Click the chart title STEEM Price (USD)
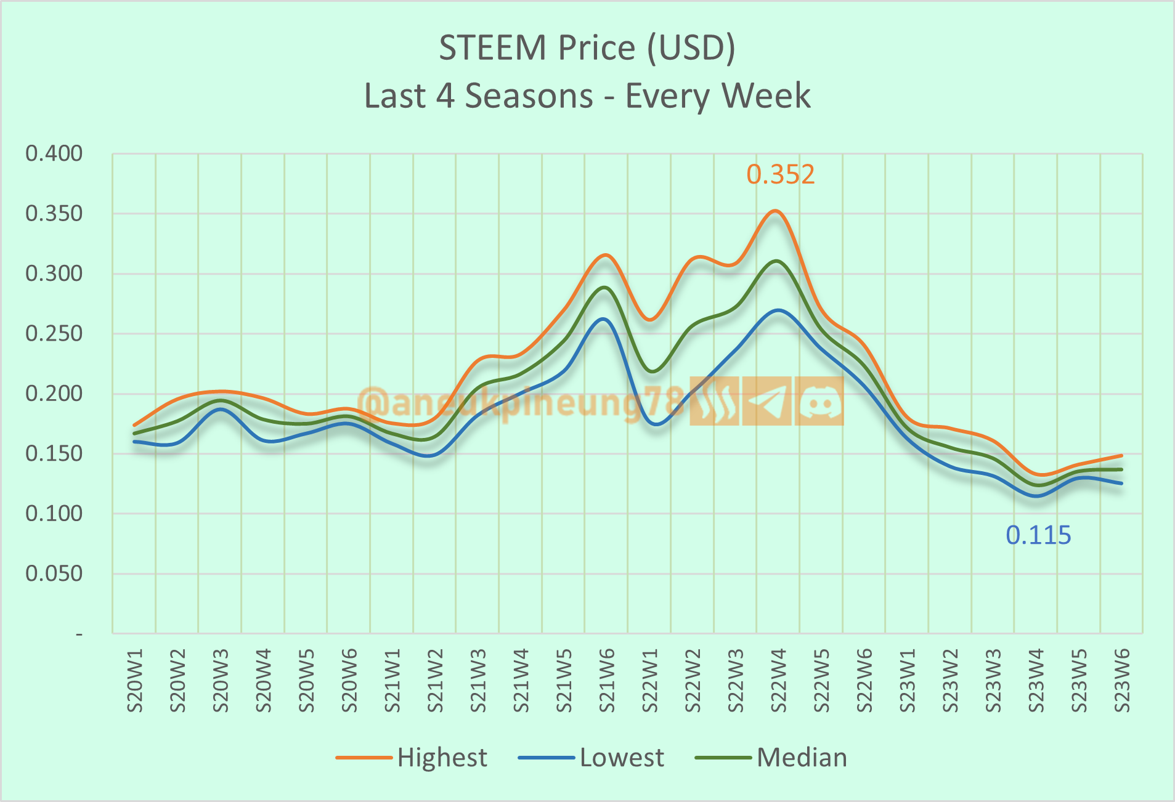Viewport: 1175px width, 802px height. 587,48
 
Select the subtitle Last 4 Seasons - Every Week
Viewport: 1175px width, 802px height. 587,96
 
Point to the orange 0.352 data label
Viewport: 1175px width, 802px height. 780,175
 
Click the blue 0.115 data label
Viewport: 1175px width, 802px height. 1038,535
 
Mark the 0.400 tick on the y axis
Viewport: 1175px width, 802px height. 54,153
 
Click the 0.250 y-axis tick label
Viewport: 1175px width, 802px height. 54,334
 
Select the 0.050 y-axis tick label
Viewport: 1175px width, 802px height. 54,574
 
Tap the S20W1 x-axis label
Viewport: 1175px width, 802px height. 135,680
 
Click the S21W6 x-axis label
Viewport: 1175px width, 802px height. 607,680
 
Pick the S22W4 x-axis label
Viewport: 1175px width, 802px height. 778,680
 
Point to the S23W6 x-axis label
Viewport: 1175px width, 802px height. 1121,680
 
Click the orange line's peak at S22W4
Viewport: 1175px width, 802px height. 776,211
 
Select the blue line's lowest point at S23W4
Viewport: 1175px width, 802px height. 1036,496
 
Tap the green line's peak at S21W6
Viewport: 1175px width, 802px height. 605,287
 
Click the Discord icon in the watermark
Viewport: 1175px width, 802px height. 819,402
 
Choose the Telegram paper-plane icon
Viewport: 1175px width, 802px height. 766,402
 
